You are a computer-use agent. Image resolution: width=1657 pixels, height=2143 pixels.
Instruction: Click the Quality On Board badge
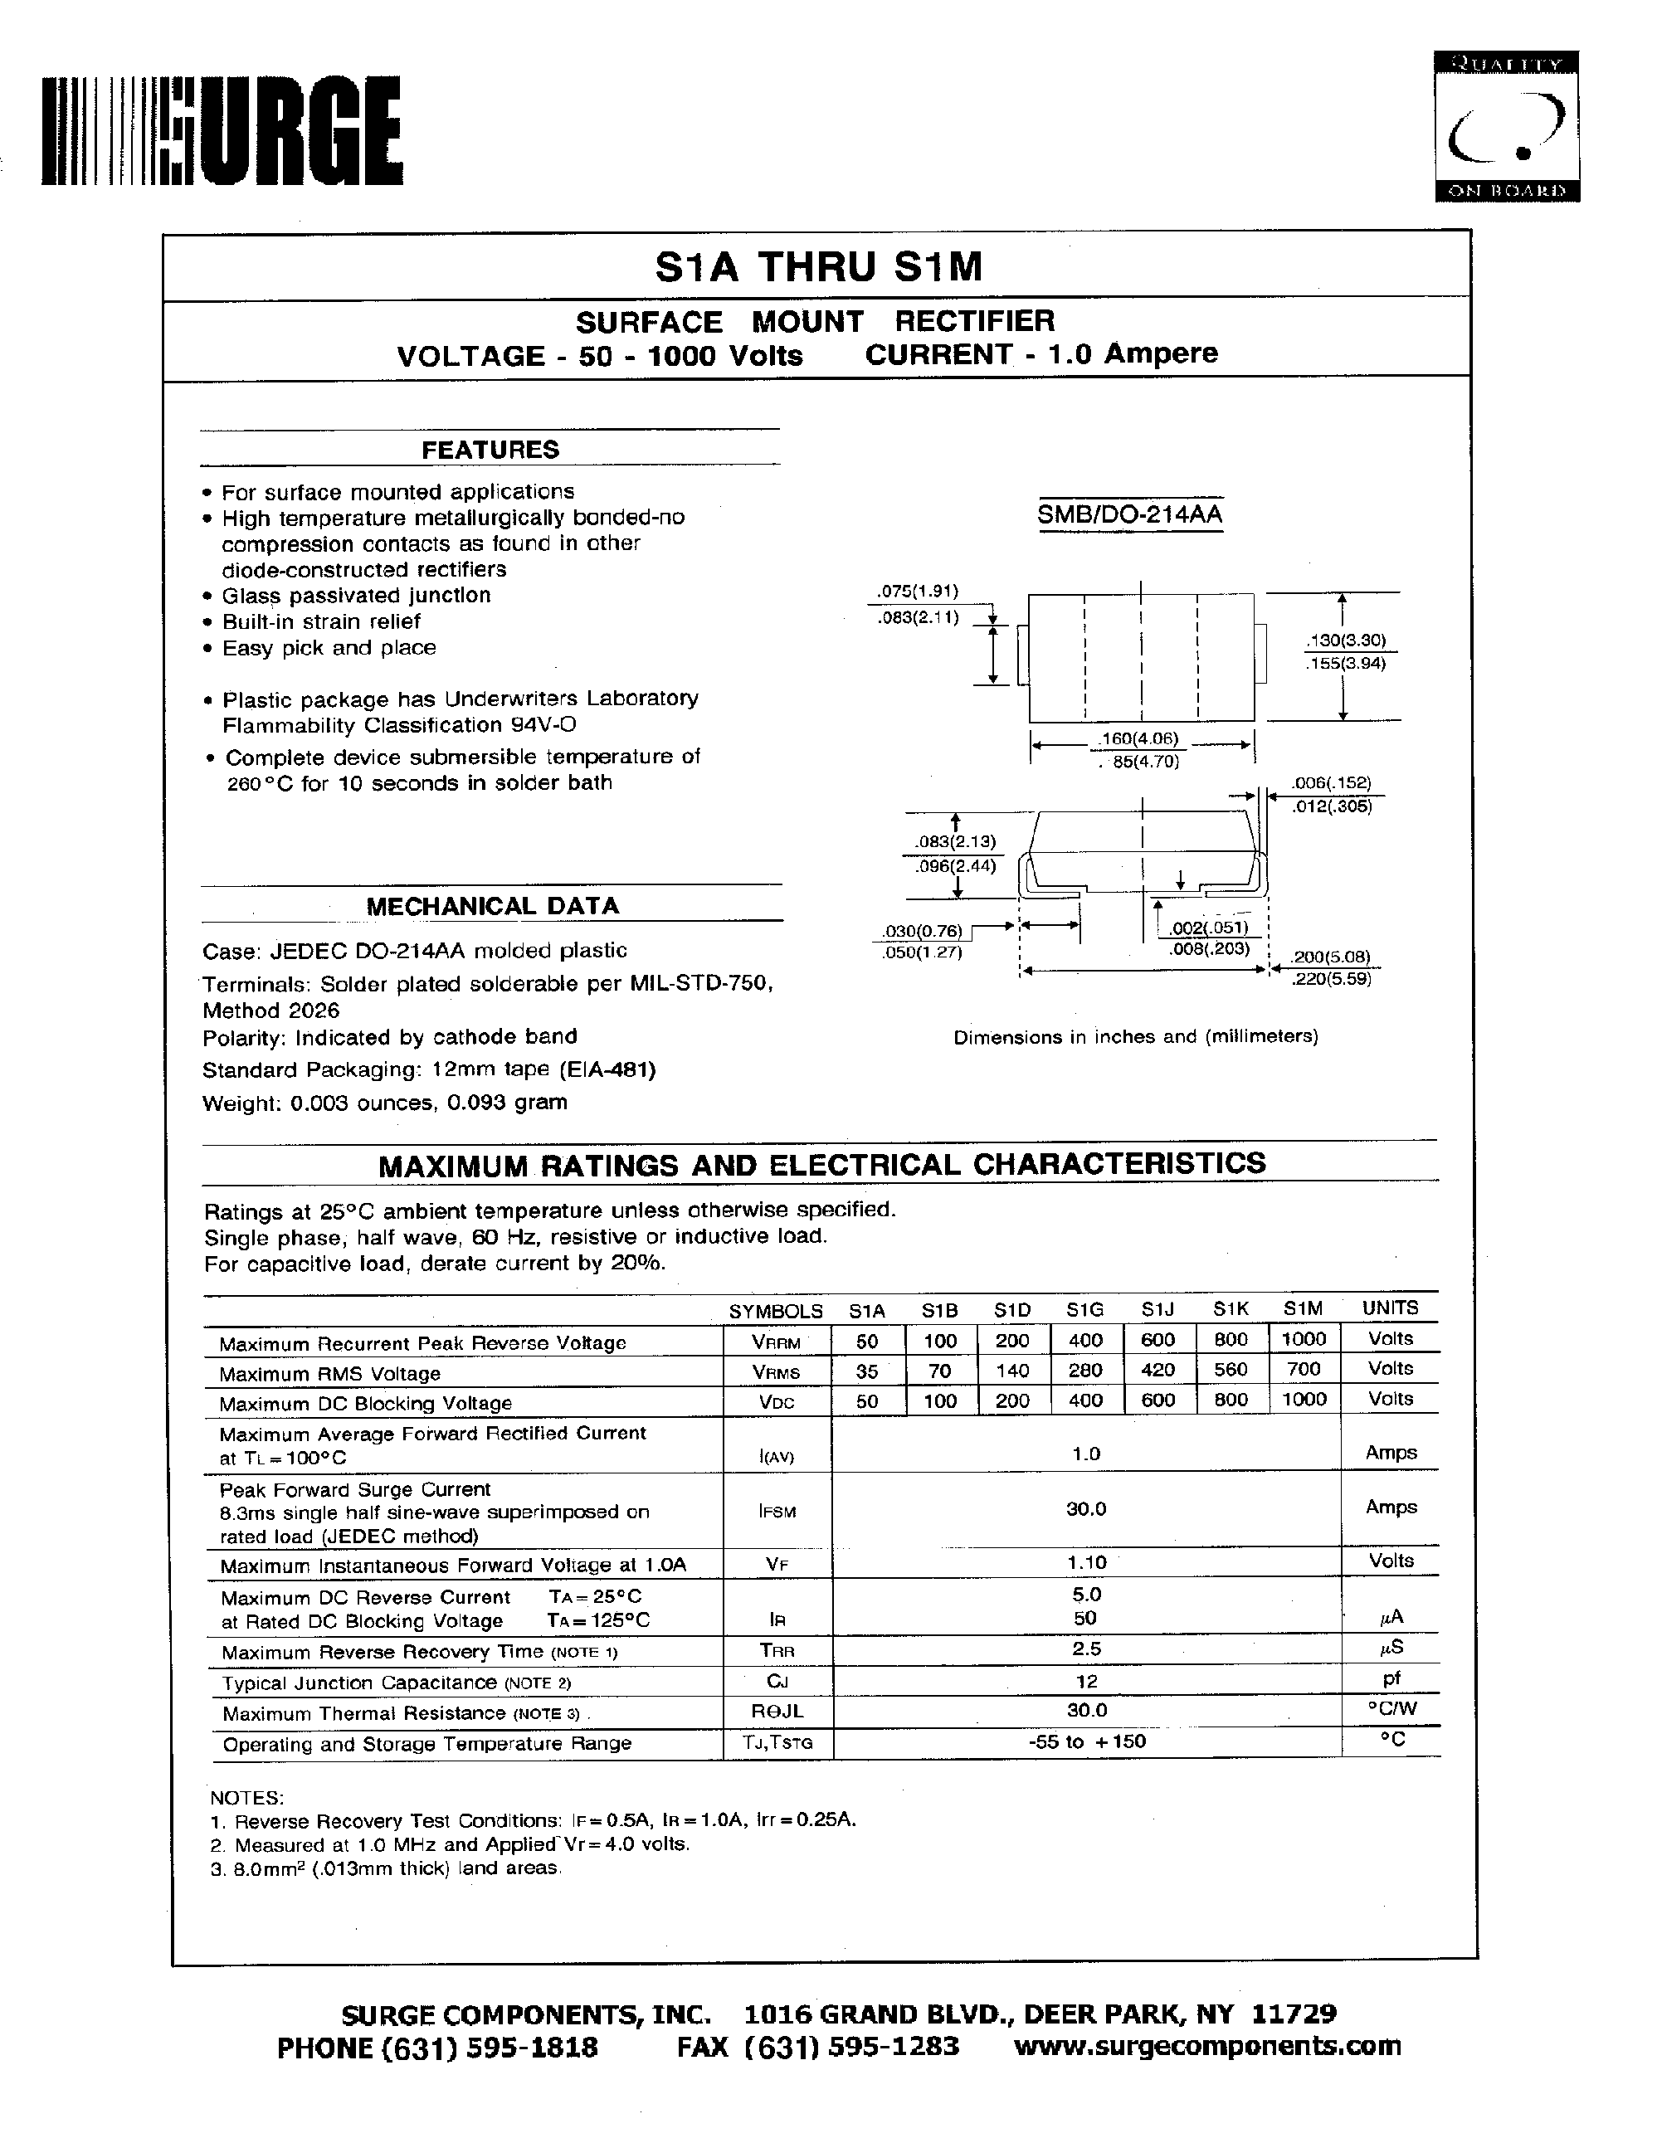(x=1506, y=127)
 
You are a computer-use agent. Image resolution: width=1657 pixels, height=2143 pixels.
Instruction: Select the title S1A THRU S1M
(x=818, y=267)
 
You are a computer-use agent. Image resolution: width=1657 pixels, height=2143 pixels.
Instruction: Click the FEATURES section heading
(x=490, y=450)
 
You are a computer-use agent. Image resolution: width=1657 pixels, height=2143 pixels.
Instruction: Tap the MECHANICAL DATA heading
(x=493, y=906)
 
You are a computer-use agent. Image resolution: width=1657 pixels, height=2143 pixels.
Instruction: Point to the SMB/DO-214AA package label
(x=1130, y=514)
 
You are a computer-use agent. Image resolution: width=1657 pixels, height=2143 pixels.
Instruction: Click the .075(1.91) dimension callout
(x=916, y=591)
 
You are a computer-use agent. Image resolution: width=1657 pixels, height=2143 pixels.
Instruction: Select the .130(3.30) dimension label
(x=1346, y=640)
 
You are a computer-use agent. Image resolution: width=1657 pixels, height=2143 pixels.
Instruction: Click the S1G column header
(x=1085, y=1309)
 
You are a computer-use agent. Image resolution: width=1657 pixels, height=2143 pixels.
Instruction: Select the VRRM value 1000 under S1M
(x=1304, y=1339)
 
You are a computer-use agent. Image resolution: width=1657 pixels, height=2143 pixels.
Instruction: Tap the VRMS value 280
(x=1085, y=1370)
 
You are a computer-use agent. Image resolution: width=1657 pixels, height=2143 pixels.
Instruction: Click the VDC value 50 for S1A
(x=867, y=1400)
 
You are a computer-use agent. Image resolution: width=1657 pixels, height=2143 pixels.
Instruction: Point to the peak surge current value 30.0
(x=1086, y=1508)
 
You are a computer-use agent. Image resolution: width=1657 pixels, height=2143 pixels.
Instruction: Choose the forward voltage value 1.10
(x=1086, y=1562)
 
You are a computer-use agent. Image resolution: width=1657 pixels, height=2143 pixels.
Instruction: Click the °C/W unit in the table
(x=1391, y=1708)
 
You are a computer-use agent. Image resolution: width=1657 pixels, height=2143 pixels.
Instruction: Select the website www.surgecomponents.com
(x=1206, y=2045)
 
